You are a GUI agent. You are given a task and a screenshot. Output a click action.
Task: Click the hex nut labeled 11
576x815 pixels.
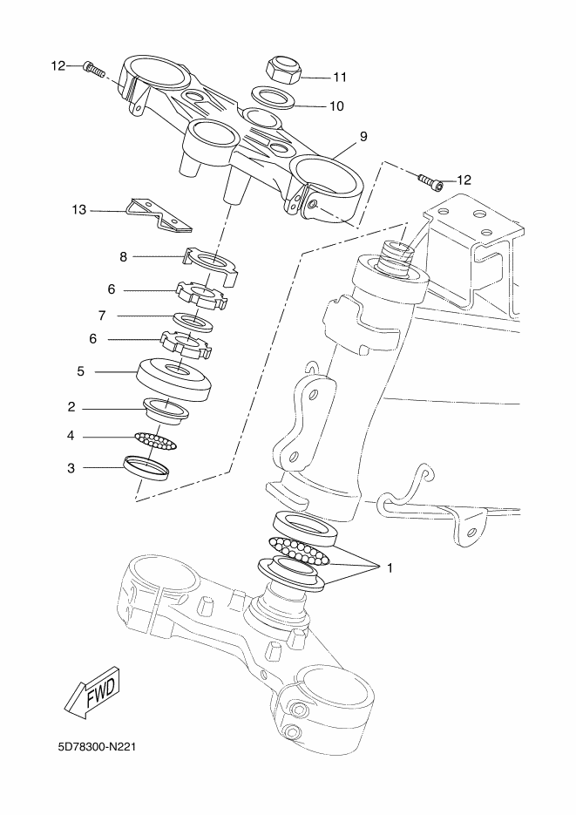pyautogui.click(x=283, y=71)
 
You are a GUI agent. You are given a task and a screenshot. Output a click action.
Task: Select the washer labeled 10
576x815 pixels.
pyautogui.click(x=274, y=97)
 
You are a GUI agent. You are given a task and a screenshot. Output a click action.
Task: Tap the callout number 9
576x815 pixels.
pyautogui.click(x=363, y=136)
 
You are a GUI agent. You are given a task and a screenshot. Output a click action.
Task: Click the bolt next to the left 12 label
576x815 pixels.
pyautogui.click(x=93, y=68)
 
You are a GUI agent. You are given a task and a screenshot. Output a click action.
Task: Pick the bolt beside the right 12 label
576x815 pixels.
pyautogui.click(x=430, y=181)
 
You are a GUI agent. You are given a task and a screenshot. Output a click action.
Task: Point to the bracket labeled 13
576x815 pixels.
pyautogui.click(x=159, y=214)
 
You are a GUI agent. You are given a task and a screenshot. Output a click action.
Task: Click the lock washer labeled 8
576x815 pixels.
pyautogui.click(x=210, y=265)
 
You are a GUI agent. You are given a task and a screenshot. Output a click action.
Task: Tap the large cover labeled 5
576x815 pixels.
pyautogui.click(x=174, y=378)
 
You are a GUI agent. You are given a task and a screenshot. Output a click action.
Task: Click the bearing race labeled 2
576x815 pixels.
pyautogui.click(x=166, y=411)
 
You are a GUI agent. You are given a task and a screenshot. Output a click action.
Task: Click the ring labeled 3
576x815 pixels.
pyautogui.click(x=146, y=468)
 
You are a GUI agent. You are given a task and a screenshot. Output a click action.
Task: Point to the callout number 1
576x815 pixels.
pyautogui.click(x=390, y=568)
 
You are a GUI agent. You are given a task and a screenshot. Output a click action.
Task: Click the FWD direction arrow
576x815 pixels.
pyautogui.click(x=93, y=691)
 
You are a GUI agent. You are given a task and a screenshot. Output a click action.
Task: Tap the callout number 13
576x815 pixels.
pyautogui.click(x=79, y=210)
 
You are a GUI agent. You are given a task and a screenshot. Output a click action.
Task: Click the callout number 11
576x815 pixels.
pyautogui.click(x=340, y=77)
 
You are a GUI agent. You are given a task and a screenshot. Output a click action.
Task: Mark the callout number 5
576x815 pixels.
pyautogui.click(x=80, y=371)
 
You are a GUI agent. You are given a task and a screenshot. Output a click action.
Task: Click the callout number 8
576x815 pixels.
pyautogui.click(x=123, y=257)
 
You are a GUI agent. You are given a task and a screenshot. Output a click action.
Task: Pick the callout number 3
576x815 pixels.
pyautogui.click(x=71, y=468)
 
